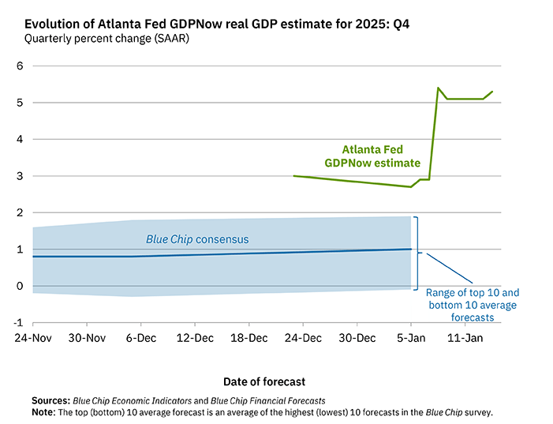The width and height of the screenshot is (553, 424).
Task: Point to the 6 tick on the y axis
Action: coord(20,66)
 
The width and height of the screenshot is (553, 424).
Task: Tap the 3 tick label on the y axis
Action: coord(20,176)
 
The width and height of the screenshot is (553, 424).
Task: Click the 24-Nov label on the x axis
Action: coord(32,339)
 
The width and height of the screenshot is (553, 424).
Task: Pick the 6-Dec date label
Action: coord(140,339)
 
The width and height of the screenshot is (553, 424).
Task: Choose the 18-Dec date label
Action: coord(248,339)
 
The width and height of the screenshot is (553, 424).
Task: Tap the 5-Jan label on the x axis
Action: coord(410,339)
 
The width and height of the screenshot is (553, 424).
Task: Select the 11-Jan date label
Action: coord(465,339)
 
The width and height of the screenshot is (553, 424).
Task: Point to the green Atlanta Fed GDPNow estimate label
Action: coord(375,155)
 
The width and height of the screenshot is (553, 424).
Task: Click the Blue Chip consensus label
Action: coord(197,238)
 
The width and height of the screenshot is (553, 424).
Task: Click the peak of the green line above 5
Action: coord(438,88)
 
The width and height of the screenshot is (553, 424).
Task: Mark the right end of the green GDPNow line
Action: coord(492,92)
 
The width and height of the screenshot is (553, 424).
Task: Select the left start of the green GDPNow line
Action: coord(293,176)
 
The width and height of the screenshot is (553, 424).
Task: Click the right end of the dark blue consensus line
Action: coord(411,250)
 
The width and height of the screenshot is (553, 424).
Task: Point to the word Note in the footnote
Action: coord(44,412)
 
